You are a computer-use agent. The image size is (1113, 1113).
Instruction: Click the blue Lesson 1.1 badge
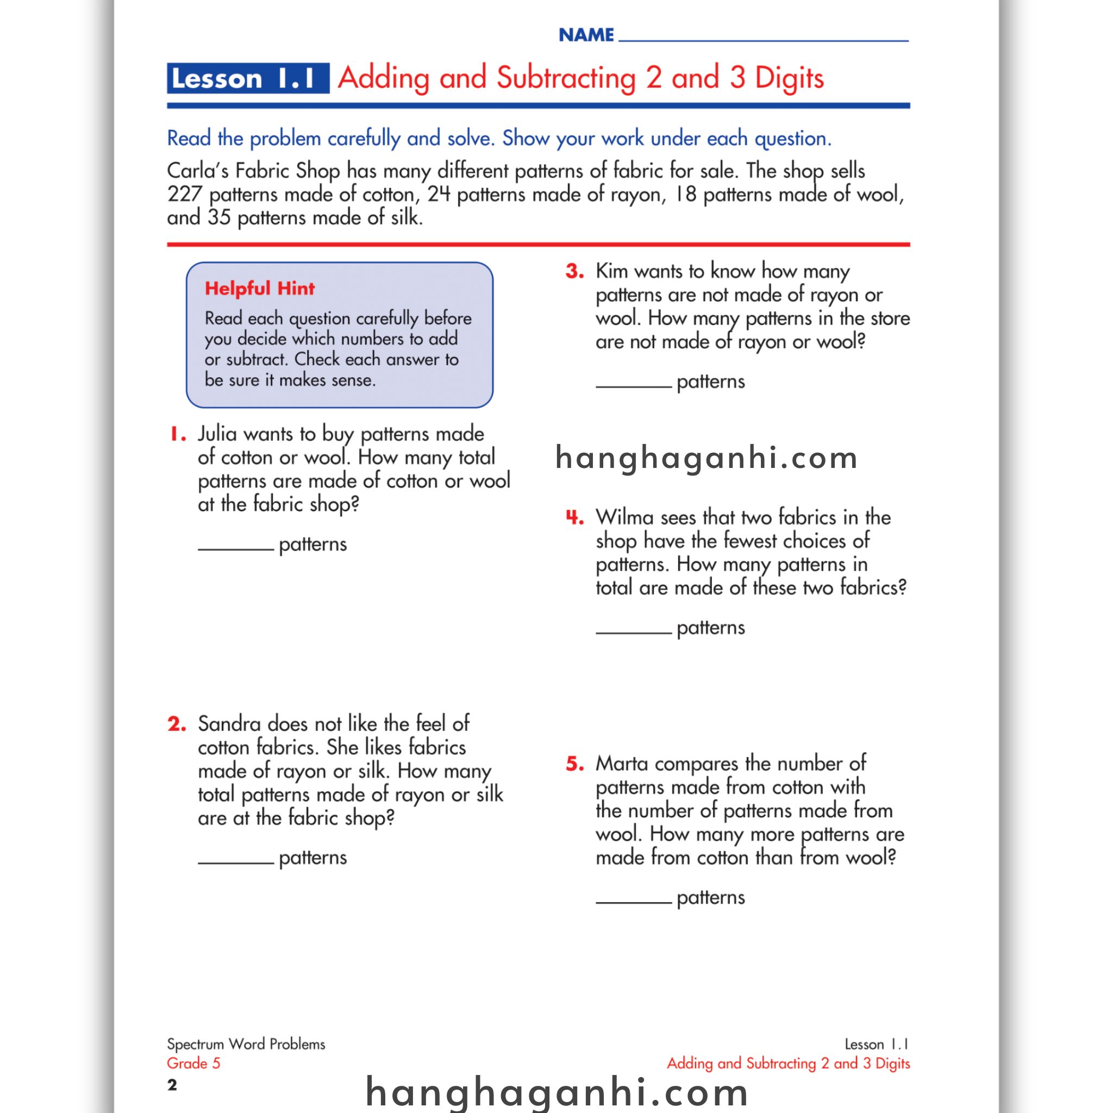point(248,78)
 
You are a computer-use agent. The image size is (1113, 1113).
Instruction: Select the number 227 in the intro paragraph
point(184,194)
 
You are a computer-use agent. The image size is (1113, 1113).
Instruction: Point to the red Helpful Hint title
point(260,288)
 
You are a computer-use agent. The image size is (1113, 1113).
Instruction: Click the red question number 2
point(177,724)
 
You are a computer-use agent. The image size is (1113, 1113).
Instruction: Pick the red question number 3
point(574,271)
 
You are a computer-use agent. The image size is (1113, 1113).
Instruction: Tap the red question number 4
point(574,517)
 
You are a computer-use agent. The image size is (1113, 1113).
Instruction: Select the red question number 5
point(574,764)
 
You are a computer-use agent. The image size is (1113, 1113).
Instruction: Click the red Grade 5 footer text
point(193,1064)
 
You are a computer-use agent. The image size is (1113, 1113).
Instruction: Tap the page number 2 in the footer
point(172,1085)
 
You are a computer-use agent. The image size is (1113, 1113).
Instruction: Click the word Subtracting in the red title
point(566,78)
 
